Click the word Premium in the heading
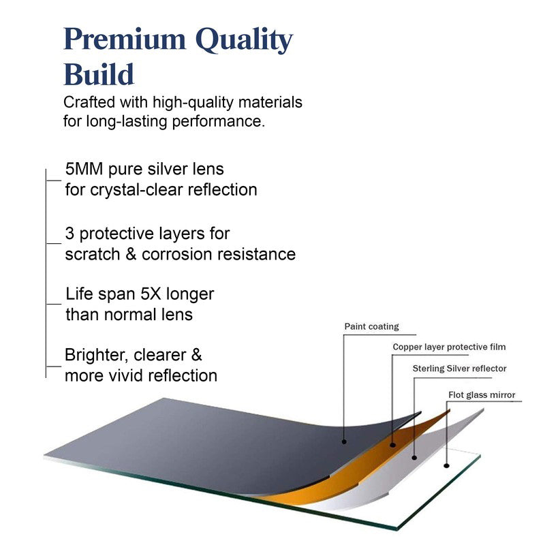point(125,40)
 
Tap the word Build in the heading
point(99,74)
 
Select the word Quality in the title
point(244,41)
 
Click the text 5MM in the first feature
point(84,169)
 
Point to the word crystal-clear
point(136,190)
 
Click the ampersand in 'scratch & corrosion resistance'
point(131,254)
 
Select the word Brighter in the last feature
point(96,355)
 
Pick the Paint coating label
point(371,327)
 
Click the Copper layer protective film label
point(449,347)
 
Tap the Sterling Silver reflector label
point(459,369)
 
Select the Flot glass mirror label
point(482,395)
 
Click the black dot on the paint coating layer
point(344,441)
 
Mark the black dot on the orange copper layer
point(393,445)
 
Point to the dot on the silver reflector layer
point(414,458)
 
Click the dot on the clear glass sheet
point(447,465)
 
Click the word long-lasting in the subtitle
point(127,122)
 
